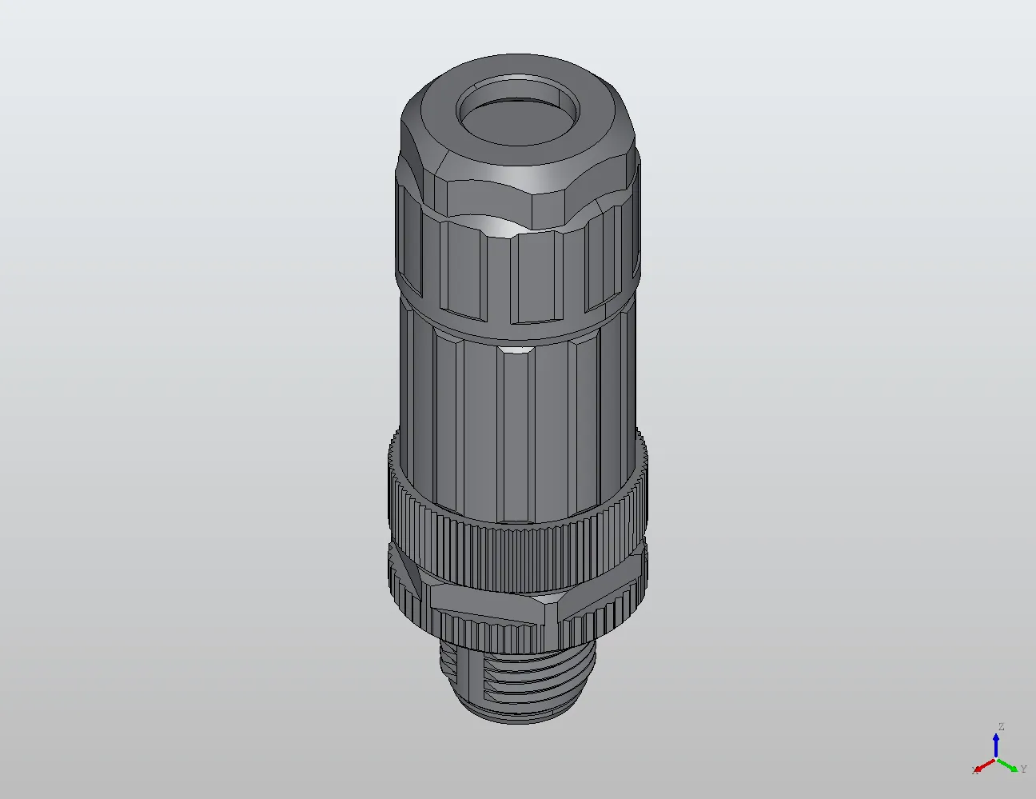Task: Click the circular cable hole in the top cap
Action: pos(516,114)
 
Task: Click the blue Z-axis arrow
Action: pos(997,744)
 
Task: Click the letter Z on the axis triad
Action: pos(1001,727)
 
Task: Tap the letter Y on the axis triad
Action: pos(1023,769)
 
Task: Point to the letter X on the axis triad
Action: pos(974,770)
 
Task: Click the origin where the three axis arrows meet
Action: pos(997,759)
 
